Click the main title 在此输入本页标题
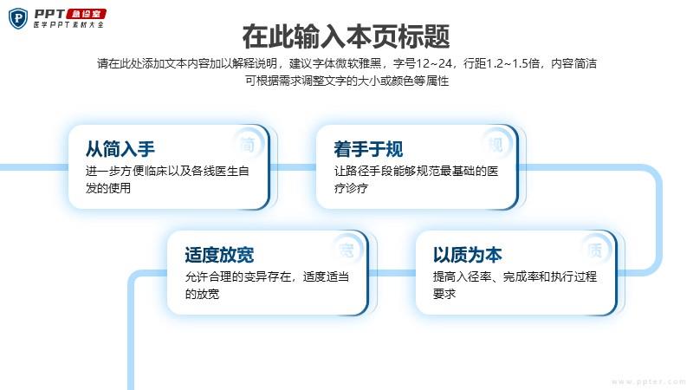tap(346, 36)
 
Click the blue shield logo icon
tap(18, 18)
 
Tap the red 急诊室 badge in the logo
tap(87, 14)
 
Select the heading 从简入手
tap(120, 149)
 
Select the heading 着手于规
tap(369, 149)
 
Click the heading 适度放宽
tap(220, 255)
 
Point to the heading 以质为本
tap(468, 255)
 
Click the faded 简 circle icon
tap(248, 144)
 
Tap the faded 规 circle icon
tap(495, 144)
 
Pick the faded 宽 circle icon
tap(347, 250)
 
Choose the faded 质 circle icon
tap(595, 250)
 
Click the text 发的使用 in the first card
tap(108, 188)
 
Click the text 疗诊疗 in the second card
tap(352, 188)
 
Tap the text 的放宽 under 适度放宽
tap(203, 294)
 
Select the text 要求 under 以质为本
tap(444, 294)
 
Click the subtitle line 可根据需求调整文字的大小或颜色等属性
tap(347, 81)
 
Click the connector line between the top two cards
tap(293, 167)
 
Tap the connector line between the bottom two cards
tap(392, 273)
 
